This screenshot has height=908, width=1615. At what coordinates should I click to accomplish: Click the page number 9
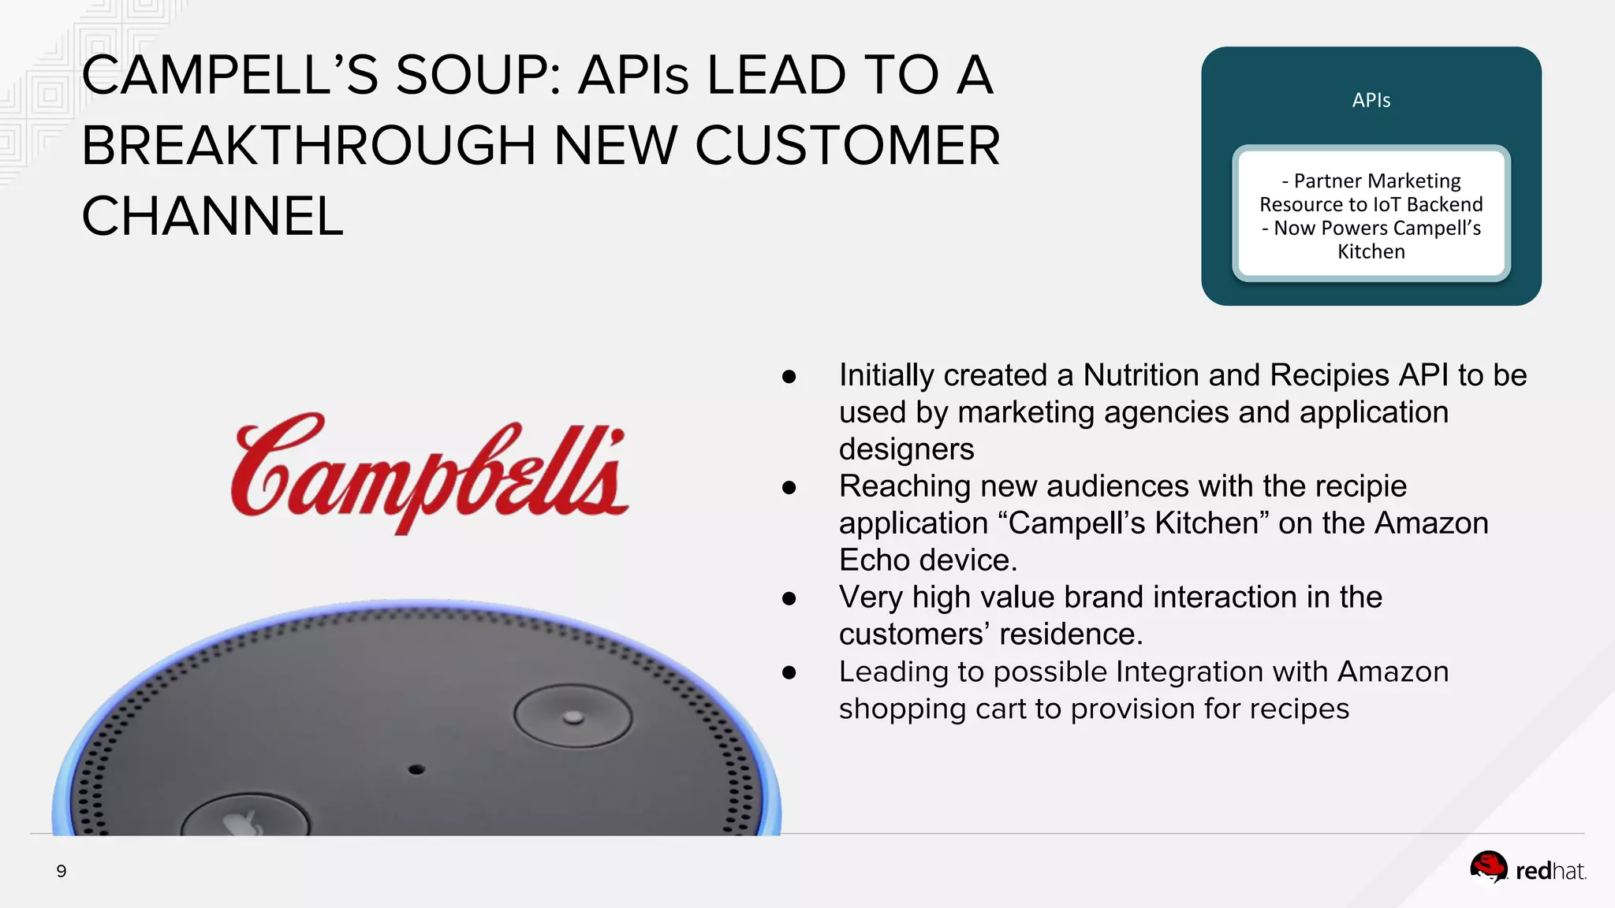[62, 871]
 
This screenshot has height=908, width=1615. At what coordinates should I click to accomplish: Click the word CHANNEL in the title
[213, 217]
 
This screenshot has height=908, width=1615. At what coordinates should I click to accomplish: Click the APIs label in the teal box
[1371, 101]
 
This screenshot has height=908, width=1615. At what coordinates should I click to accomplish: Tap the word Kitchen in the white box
[1371, 252]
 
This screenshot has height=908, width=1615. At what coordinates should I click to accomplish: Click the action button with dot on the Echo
[573, 716]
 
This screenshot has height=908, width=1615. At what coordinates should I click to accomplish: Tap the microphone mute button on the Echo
[244, 820]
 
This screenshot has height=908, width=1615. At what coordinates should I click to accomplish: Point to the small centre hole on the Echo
[416, 769]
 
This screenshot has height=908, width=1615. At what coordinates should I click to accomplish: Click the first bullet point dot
[789, 377]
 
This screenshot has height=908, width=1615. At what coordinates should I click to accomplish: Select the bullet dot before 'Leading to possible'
[789, 673]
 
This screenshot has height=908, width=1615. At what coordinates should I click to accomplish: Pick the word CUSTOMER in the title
[847, 146]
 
